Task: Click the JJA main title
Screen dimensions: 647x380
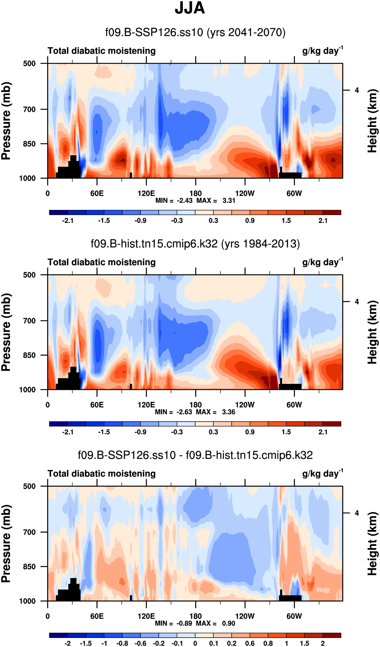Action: [x=190, y=8]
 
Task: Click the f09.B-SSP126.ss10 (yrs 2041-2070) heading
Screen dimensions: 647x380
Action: [x=195, y=33]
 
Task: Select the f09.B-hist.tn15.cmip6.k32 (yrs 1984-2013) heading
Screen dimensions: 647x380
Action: [x=195, y=244]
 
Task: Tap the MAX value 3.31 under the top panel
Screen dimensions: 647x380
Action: [x=229, y=201]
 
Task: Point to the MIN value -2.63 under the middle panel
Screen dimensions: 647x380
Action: [x=184, y=412]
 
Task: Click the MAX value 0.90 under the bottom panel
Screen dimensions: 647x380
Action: [x=228, y=623]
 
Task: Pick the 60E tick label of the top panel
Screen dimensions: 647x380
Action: [x=97, y=193]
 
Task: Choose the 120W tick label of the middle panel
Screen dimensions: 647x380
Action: [x=245, y=405]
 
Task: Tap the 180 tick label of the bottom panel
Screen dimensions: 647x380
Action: [x=195, y=616]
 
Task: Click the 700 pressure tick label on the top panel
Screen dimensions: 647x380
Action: [x=29, y=109]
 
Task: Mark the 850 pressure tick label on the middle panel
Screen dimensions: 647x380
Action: [x=29, y=355]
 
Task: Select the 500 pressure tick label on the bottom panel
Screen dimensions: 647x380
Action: [x=29, y=486]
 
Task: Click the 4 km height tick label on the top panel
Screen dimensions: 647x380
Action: [x=357, y=90]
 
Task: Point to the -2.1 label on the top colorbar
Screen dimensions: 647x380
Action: [x=67, y=221]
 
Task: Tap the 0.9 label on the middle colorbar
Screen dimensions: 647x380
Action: [x=250, y=432]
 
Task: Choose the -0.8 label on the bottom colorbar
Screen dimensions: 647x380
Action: [x=122, y=643]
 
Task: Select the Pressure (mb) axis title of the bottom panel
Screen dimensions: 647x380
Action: [x=6, y=543]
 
